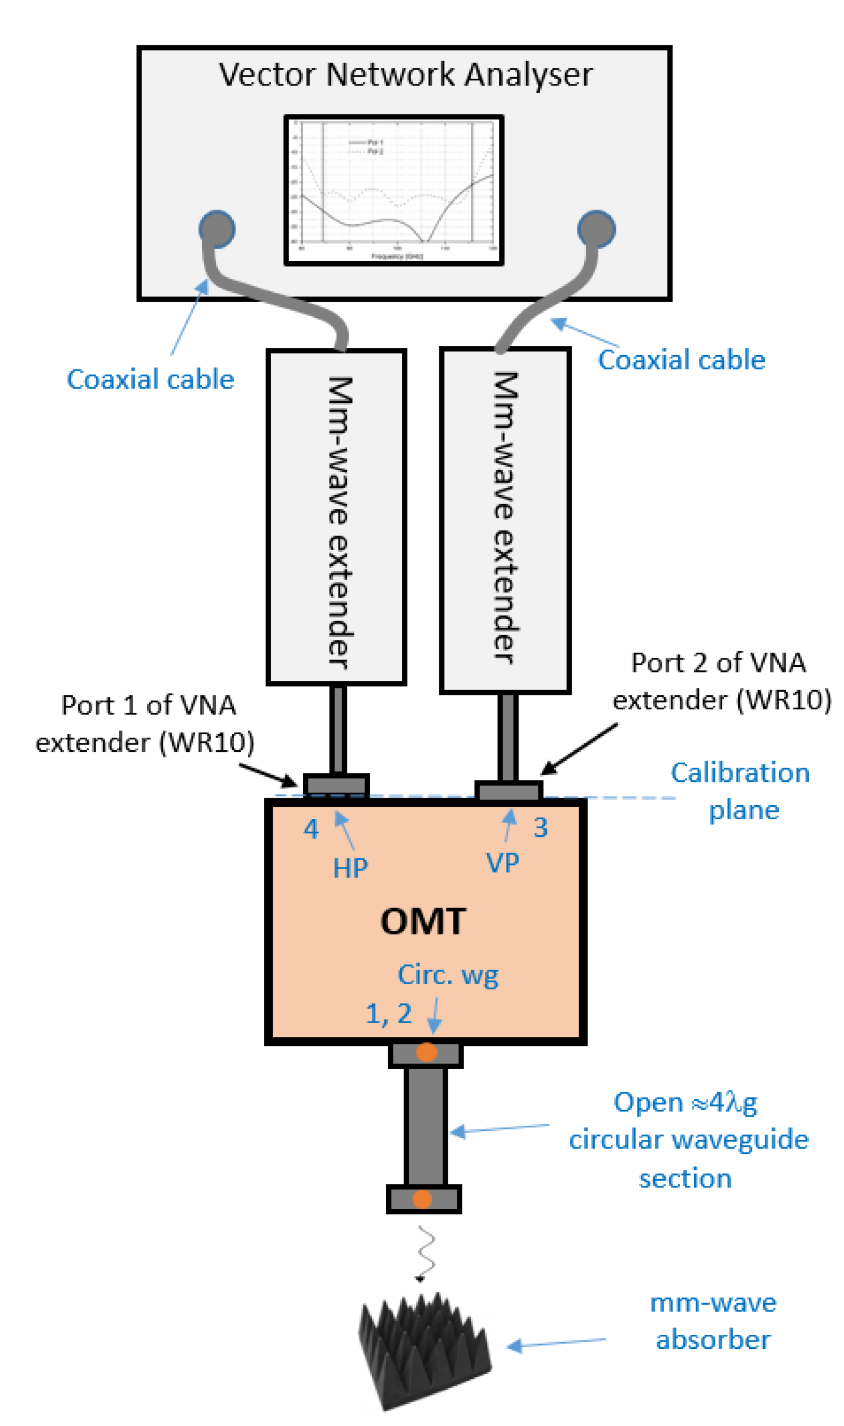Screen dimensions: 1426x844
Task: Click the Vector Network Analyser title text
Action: [405, 75]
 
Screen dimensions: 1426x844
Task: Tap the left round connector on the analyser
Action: [217, 229]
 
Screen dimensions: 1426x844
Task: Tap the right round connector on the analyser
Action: [596, 229]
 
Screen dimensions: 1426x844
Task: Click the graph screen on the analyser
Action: [393, 190]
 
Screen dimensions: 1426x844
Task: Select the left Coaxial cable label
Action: [150, 380]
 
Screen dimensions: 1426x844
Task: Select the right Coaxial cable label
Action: [682, 360]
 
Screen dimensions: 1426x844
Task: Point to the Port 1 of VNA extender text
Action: [145, 724]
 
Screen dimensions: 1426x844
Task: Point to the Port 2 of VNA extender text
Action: [721, 681]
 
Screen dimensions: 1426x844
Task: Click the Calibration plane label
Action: [740, 791]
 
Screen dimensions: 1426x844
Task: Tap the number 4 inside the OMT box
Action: [311, 829]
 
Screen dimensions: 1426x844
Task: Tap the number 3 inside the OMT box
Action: [540, 827]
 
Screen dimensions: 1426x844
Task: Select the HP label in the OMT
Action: [350, 869]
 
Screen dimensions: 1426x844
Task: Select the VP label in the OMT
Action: [503, 863]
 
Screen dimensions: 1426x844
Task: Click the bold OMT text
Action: [423, 921]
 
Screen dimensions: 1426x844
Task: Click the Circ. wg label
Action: [448, 975]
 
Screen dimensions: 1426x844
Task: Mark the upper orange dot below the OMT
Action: [427, 1052]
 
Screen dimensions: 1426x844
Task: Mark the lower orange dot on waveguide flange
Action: [422, 1199]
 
